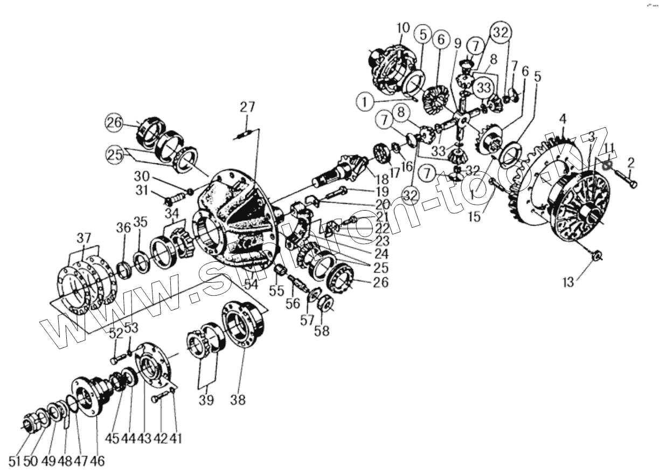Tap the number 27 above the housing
247,107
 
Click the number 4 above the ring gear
562,117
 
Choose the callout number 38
238,400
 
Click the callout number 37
84,238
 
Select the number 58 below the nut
322,330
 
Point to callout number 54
250,283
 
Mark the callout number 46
98,461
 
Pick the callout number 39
206,400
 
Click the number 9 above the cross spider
457,42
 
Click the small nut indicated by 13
597,256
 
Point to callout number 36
124,228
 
